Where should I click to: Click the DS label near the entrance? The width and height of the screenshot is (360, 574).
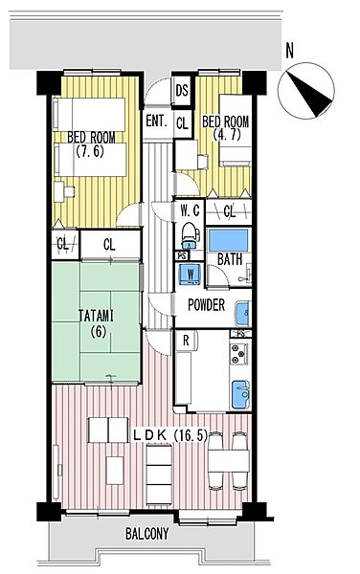pos(182,91)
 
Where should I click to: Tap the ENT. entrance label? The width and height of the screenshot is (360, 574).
pos(157,121)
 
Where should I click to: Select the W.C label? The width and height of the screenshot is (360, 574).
pos(191,210)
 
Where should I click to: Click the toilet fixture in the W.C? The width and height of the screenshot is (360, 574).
pos(190,235)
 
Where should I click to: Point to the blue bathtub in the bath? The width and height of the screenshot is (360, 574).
pos(228,240)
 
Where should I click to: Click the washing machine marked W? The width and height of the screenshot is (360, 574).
pos(191,274)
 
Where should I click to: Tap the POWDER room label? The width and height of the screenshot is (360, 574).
pos(206,304)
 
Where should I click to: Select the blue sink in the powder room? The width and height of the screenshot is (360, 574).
pos(242,314)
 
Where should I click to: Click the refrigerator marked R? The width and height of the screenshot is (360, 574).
pos(186,341)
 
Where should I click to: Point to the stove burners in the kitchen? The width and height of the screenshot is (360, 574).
pos(238,354)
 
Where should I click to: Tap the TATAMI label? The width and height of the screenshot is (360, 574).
pos(97,316)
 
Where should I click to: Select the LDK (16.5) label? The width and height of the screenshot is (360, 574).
pos(169,435)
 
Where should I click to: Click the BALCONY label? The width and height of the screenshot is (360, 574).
pos(147,534)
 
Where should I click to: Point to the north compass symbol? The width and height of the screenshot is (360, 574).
pos(306,90)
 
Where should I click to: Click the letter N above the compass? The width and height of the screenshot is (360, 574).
pos(290,51)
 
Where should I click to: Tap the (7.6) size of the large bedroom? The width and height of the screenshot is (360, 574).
pos(90,151)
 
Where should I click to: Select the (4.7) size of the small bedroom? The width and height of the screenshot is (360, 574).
pos(227,135)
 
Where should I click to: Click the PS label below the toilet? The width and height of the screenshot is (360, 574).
pos(181,255)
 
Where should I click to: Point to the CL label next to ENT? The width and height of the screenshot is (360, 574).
pos(182,123)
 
